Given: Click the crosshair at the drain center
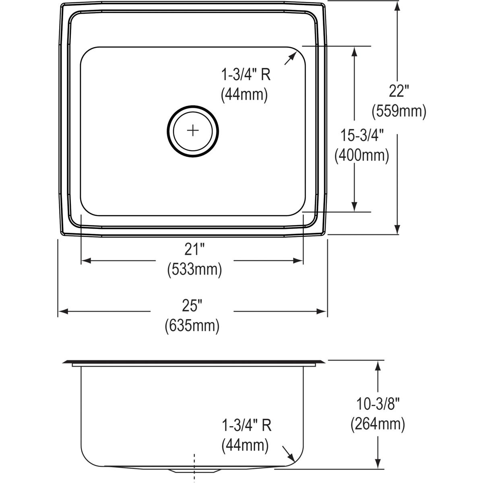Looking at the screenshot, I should [x=193, y=130].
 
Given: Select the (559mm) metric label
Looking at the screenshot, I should [x=398, y=111].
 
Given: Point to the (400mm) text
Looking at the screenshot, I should [x=362, y=155].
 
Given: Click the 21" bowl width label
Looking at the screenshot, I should [x=194, y=250].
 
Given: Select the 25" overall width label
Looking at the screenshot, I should [x=192, y=306].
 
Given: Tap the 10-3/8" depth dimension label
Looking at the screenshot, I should [x=378, y=404].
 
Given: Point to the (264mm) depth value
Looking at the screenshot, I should [x=378, y=423].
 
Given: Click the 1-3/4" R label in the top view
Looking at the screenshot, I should [x=246, y=75].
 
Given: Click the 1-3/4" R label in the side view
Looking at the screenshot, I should [x=246, y=425].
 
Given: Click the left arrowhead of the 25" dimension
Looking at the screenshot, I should [x=62, y=312].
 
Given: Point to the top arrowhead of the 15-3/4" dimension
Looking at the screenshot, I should [x=354, y=51].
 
